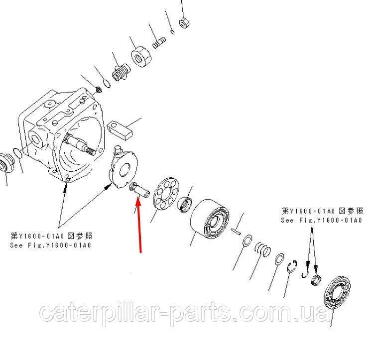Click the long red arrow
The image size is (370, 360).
tap(139, 226)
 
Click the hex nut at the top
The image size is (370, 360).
tap(185, 22)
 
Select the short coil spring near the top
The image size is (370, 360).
tap(159, 43)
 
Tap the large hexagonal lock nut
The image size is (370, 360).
tap(141, 56)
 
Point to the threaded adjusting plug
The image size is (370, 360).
tap(121, 72)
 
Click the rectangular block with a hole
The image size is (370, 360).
tap(120, 130)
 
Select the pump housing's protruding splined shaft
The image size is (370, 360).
tap(81, 145)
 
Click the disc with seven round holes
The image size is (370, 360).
tap(166, 193)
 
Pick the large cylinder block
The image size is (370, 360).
tap(209, 219)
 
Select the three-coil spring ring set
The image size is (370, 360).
tap(262, 249)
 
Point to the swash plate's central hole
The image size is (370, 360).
tap(125, 170)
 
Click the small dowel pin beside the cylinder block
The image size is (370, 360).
tap(236, 232)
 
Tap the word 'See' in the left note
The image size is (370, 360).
tap(16, 245)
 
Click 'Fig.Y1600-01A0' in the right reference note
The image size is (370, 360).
tap(331, 221)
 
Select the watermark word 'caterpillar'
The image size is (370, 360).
tap(104, 313)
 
